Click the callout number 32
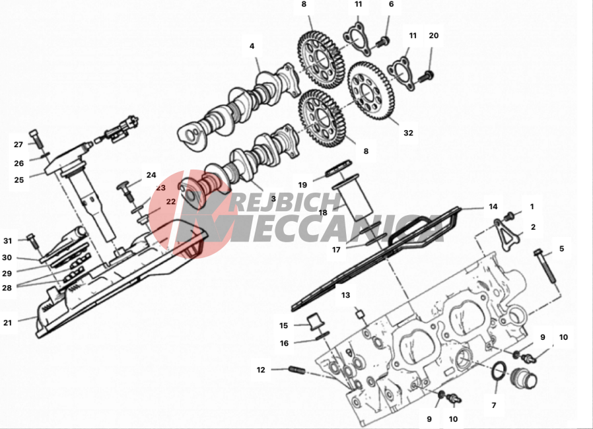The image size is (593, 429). tap(408, 133)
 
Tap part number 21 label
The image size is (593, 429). tap(8, 323)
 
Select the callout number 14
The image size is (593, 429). tap(493, 207)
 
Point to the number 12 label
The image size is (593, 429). tap(261, 370)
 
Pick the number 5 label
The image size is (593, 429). tap(562, 249)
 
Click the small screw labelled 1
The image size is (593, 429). tap(509, 215)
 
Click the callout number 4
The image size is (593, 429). tap(252, 46)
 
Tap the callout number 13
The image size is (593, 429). tap(346, 295)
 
